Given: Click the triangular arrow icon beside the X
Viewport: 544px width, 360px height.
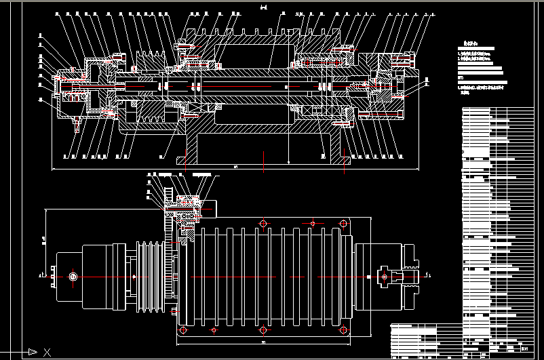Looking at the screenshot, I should [32, 351].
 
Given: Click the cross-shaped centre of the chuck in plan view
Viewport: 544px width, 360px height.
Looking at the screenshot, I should [385, 276].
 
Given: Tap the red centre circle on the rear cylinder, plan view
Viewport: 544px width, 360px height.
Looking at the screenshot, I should [71, 277].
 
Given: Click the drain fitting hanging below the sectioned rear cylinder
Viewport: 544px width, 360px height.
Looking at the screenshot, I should [77, 124].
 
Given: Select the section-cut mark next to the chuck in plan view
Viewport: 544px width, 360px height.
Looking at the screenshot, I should [429, 275].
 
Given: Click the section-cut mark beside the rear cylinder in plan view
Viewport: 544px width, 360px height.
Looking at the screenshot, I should [41, 275].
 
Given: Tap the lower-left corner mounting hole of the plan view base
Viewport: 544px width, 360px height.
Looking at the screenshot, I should [182, 330].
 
